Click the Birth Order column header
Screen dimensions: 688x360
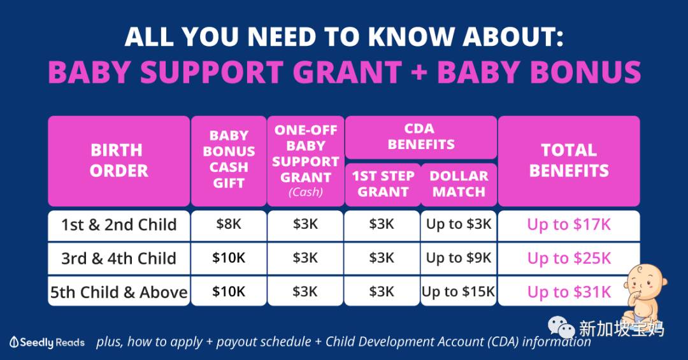click(119, 161)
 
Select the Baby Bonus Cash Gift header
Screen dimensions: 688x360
click(229, 161)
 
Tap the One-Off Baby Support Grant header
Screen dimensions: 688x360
click(305, 161)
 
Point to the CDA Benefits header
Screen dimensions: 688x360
click(421, 136)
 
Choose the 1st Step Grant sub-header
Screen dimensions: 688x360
click(383, 184)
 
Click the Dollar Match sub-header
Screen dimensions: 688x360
click(459, 184)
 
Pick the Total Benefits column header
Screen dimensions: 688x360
click(569, 161)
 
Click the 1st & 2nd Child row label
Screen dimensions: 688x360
click(119, 225)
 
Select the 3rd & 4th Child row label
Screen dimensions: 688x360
click(119, 259)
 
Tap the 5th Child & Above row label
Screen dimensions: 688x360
click(119, 292)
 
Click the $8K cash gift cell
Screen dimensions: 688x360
click(229, 225)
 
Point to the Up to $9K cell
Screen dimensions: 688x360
click(459, 259)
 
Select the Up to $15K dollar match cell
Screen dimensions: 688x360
click(459, 292)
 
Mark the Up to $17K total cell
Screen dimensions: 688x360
click(569, 225)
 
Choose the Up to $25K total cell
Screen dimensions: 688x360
click(569, 259)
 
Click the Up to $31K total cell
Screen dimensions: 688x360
click(569, 292)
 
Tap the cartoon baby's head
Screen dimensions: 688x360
click(644, 282)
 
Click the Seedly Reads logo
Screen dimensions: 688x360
click(47, 342)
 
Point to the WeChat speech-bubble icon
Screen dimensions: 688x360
click(561, 328)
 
